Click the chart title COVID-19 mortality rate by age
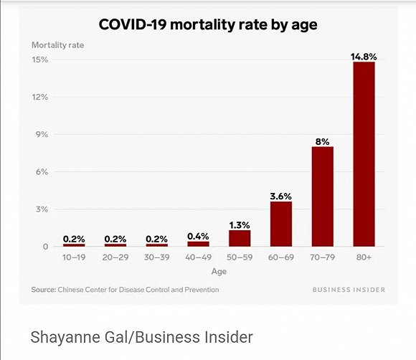[x=207, y=25]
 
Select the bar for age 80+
[x=364, y=154]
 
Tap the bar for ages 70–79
[x=322, y=196]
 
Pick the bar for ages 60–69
[x=280, y=224]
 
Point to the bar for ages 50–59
[x=239, y=238]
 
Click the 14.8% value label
[x=364, y=55]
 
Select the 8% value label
[x=322, y=141]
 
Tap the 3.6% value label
[x=280, y=196]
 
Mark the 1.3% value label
[x=239, y=224]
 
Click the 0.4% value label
[x=198, y=236]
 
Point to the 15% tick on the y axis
[x=40, y=60]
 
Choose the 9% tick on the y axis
[x=42, y=134]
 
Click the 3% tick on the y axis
[x=42, y=209]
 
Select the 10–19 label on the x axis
[x=74, y=257]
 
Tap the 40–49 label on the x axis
[x=198, y=257]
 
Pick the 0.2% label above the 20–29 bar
[x=115, y=238]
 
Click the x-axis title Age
[x=219, y=272]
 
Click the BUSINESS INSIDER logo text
[x=349, y=290]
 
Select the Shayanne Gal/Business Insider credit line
[x=141, y=337]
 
